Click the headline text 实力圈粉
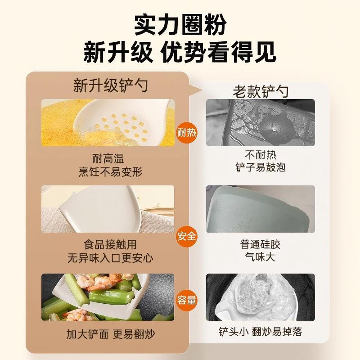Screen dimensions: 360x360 (x=180, y=25)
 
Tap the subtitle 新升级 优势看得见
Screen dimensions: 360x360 (x=180, y=53)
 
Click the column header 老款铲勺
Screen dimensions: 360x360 (x=261, y=91)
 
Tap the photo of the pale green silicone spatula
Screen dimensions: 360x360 (x=261, y=209)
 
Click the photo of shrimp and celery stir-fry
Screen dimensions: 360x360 (x=108, y=297)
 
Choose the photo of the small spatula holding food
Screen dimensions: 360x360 (x=261, y=297)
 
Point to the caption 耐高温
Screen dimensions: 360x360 (x=108, y=158)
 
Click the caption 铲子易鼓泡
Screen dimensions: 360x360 (x=261, y=167)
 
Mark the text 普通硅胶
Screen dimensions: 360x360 (x=261, y=245)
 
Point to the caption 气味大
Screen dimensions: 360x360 (x=261, y=257)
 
